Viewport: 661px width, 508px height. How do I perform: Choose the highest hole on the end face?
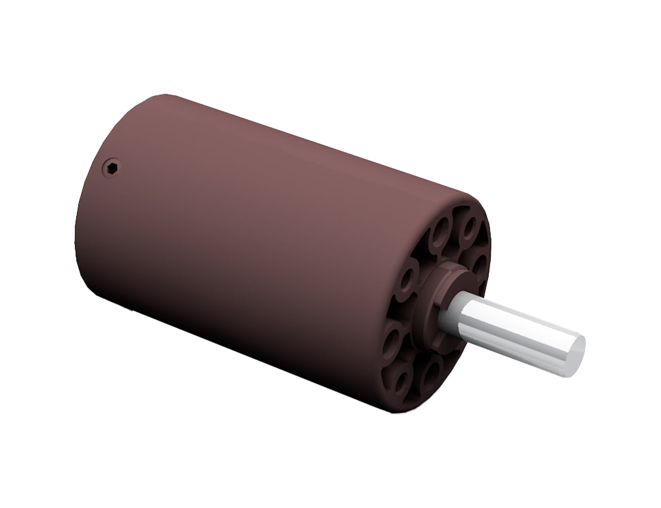(471, 224)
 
